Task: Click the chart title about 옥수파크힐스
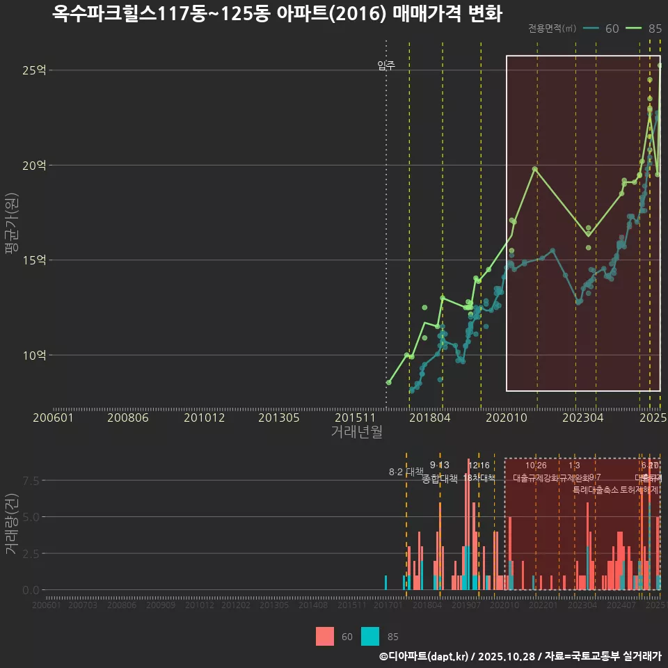(x=277, y=14)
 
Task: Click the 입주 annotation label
(x=386, y=65)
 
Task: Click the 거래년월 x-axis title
(x=356, y=432)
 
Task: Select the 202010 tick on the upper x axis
(x=506, y=417)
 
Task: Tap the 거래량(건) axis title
(x=11, y=525)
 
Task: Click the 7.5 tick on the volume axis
(x=30, y=481)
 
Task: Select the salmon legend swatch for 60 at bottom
(x=325, y=636)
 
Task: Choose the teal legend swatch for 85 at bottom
(x=371, y=636)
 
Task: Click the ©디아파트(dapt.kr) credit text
(x=424, y=656)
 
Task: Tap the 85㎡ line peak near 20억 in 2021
(x=534, y=168)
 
